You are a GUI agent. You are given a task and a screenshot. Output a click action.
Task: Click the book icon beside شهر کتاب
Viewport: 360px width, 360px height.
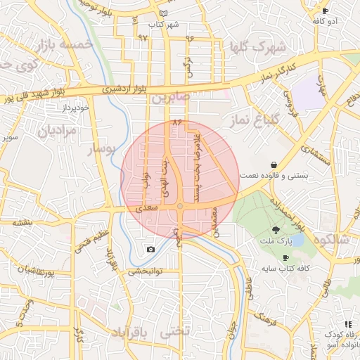[x=164, y=13]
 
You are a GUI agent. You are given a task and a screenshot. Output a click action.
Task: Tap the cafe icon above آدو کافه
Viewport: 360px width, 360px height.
[x=325, y=11]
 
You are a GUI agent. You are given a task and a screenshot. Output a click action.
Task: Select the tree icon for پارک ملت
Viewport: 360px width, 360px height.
[x=276, y=230]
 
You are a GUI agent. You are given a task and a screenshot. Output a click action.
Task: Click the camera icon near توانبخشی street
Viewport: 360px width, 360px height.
[x=150, y=250]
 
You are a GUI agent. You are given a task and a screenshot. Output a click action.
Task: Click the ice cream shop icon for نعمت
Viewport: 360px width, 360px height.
[x=273, y=165]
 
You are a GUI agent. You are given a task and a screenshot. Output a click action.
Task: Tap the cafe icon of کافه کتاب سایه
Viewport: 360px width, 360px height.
[x=285, y=258]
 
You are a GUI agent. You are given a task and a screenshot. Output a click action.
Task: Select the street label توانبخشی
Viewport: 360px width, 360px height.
[x=145, y=271]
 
